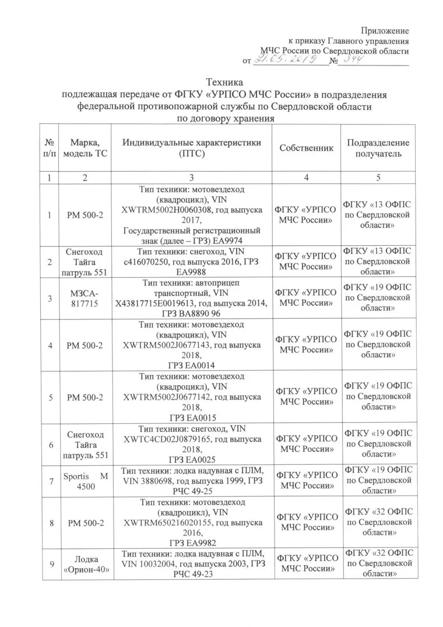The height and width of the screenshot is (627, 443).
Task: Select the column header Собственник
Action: [307, 148]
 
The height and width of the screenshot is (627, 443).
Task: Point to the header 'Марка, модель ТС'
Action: [85, 148]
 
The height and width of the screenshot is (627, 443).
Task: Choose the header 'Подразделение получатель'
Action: [378, 148]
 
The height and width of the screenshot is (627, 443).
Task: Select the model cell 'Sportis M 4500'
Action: [85, 482]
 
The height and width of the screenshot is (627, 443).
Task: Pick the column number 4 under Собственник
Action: [307, 176]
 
